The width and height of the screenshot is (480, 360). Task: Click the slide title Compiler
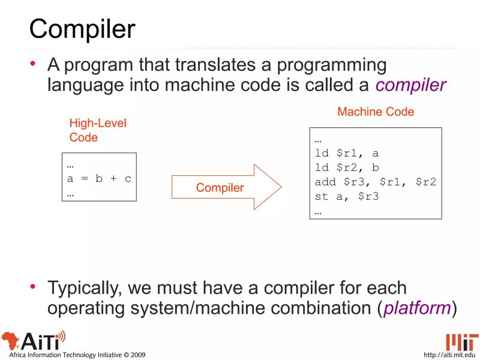click(82, 28)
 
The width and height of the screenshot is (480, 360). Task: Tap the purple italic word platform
click(417, 308)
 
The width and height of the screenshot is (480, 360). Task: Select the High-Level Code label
click(98, 130)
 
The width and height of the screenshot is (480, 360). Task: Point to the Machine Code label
click(376, 112)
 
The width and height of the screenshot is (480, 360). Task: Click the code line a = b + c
click(99, 179)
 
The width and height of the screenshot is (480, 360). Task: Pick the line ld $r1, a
click(347, 153)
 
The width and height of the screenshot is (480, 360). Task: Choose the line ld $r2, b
click(347, 167)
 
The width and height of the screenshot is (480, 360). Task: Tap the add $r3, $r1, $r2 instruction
click(375, 182)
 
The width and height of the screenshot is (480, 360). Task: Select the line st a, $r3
click(347, 196)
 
